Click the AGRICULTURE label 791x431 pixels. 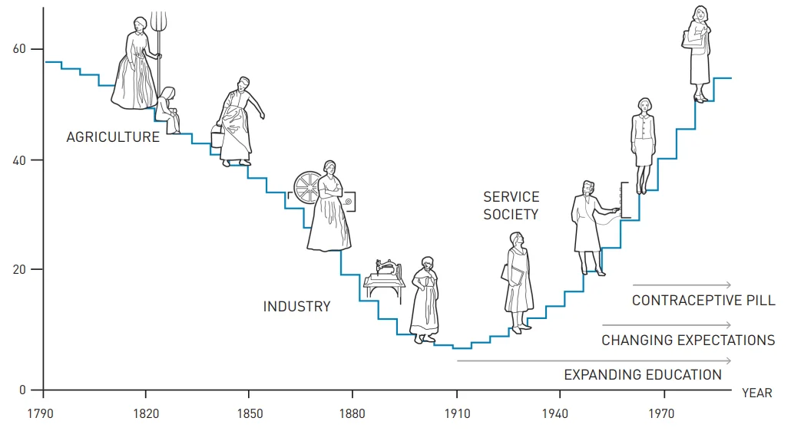(x=113, y=137)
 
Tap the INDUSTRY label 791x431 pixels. (x=296, y=307)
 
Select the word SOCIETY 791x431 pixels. (x=511, y=215)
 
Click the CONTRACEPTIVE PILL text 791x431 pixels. (x=703, y=301)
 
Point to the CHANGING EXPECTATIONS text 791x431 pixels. (x=688, y=340)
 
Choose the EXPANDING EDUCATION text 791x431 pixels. (x=643, y=375)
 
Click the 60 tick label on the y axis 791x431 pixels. (x=18, y=50)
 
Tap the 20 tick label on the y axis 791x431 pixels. (x=18, y=270)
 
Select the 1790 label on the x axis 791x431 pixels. (x=42, y=414)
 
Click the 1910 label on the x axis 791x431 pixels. (x=456, y=414)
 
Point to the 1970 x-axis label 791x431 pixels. (x=662, y=414)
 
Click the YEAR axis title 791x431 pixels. (x=756, y=393)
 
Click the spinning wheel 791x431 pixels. (x=309, y=187)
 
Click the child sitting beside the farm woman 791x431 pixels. (x=169, y=109)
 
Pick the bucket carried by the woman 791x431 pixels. (x=217, y=139)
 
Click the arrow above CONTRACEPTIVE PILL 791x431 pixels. (x=682, y=285)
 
